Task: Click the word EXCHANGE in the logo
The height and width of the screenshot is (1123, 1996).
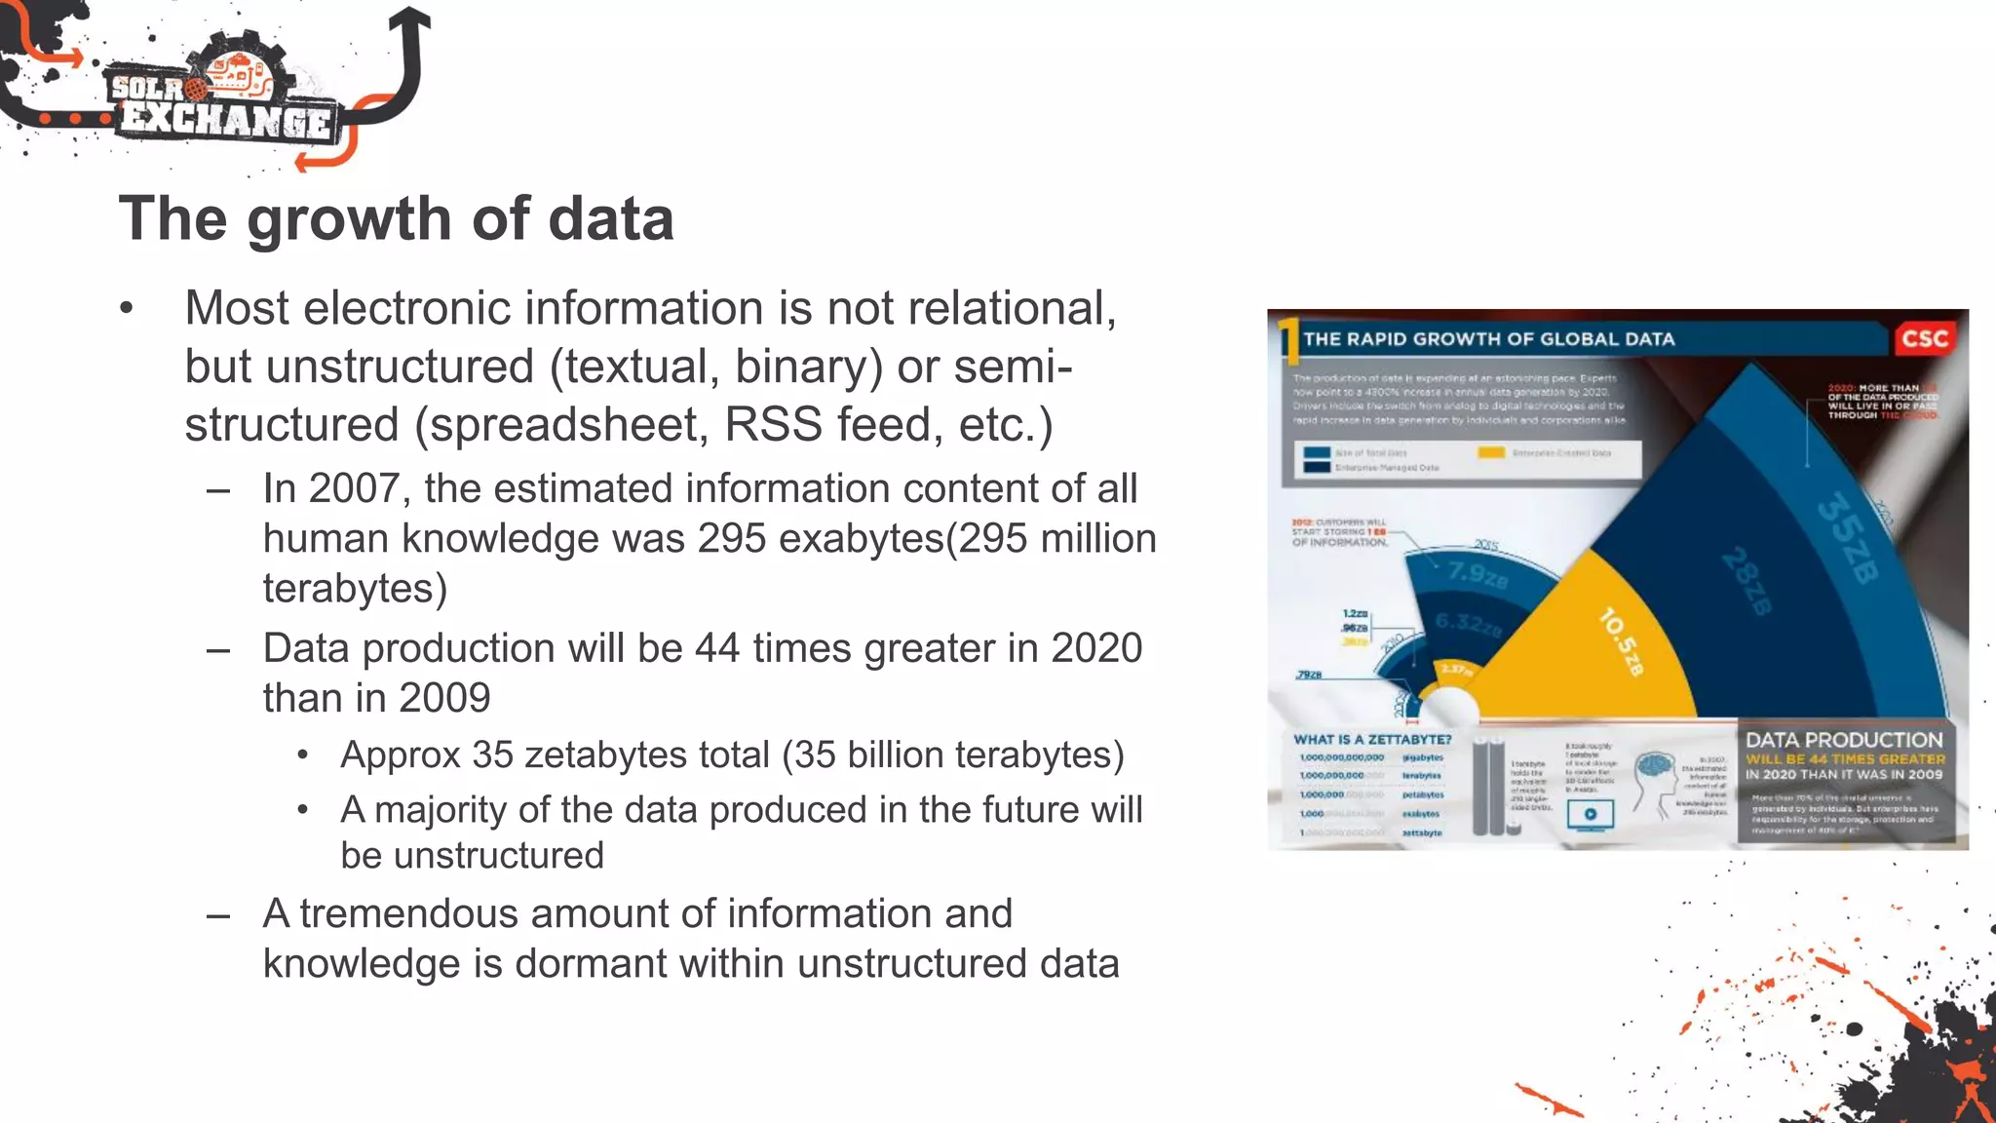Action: tap(226, 121)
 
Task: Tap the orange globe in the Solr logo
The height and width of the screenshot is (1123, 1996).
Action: tap(196, 90)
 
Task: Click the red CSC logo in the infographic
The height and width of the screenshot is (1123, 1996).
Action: tap(1924, 339)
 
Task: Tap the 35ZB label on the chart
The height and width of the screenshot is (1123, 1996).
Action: tap(1847, 538)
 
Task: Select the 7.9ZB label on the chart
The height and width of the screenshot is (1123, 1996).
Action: tap(1478, 575)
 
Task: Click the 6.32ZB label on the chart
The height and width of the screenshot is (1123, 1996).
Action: tap(1467, 624)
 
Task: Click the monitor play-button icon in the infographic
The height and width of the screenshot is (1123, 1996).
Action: tap(1590, 814)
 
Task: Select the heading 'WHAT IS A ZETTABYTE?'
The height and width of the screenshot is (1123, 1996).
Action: tap(1372, 739)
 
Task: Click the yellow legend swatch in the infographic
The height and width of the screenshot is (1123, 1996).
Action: tap(1490, 452)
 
